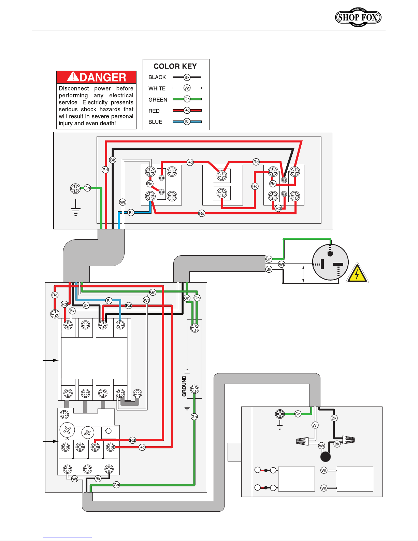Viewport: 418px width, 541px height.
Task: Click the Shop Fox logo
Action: (x=358, y=17)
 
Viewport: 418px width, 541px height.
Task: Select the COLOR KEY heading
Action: (x=175, y=66)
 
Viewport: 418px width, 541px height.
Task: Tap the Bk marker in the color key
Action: (x=187, y=77)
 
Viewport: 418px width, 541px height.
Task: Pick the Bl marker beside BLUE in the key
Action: (x=187, y=122)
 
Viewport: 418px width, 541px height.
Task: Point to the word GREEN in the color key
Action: (x=158, y=100)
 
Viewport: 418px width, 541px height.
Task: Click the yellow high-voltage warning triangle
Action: (x=357, y=273)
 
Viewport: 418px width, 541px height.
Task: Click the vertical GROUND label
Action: (x=184, y=386)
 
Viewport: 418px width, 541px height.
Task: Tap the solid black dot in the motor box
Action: (x=326, y=457)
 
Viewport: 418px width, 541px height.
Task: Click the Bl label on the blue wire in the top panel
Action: (x=131, y=213)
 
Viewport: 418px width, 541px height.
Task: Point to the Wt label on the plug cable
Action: (x=282, y=265)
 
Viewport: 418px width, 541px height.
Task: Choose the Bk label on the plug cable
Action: (x=269, y=269)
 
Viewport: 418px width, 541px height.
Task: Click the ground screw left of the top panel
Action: (x=75, y=188)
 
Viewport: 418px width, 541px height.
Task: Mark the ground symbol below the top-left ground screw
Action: (x=76, y=208)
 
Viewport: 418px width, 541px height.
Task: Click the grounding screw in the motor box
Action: (x=280, y=414)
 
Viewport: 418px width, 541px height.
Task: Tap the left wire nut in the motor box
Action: (x=303, y=441)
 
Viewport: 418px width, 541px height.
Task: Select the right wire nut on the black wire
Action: (x=349, y=440)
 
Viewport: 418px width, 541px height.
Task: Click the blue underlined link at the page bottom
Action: (x=68, y=538)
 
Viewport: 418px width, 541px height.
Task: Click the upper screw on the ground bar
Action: (x=194, y=328)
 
